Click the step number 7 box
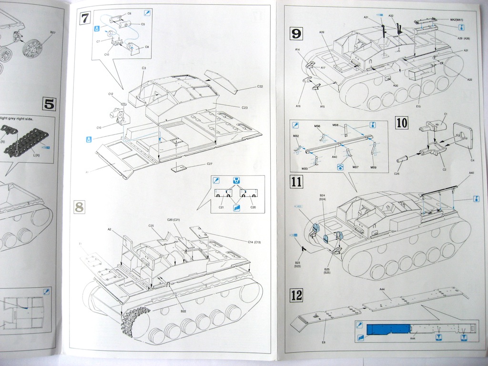(85, 19)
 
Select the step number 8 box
(80, 206)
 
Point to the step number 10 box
(402, 122)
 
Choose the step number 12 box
(296, 295)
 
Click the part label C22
(260, 87)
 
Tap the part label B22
(183, 311)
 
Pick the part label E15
(418, 106)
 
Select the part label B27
(52, 32)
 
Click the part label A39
(322, 32)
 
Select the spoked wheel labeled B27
(32, 49)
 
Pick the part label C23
(244, 108)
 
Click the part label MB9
(374, 167)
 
